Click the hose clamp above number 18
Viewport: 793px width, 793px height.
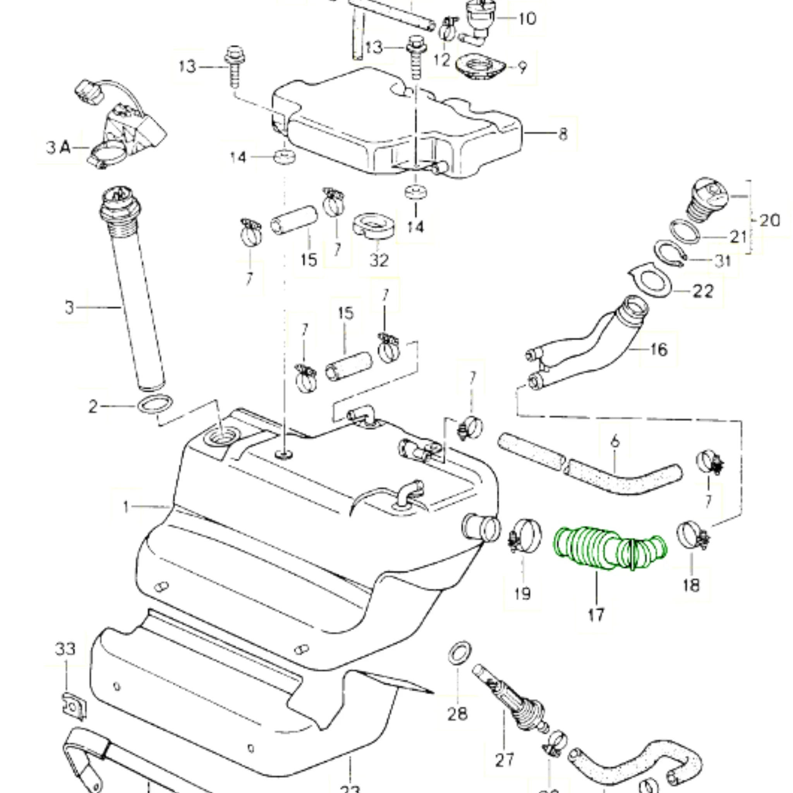[x=692, y=534]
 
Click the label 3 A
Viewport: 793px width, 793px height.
[x=57, y=148]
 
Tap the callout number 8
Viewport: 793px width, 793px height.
[x=563, y=134]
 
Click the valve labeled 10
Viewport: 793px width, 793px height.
[x=478, y=19]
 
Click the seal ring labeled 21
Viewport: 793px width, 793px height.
[x=685, y=232]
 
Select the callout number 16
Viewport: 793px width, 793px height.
[x=659, y=350]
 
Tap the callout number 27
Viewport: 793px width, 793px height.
[x=504, y=760]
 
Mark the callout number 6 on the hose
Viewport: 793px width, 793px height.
[x=614, y=442]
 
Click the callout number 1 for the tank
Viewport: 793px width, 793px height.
[x=126, y=507]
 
